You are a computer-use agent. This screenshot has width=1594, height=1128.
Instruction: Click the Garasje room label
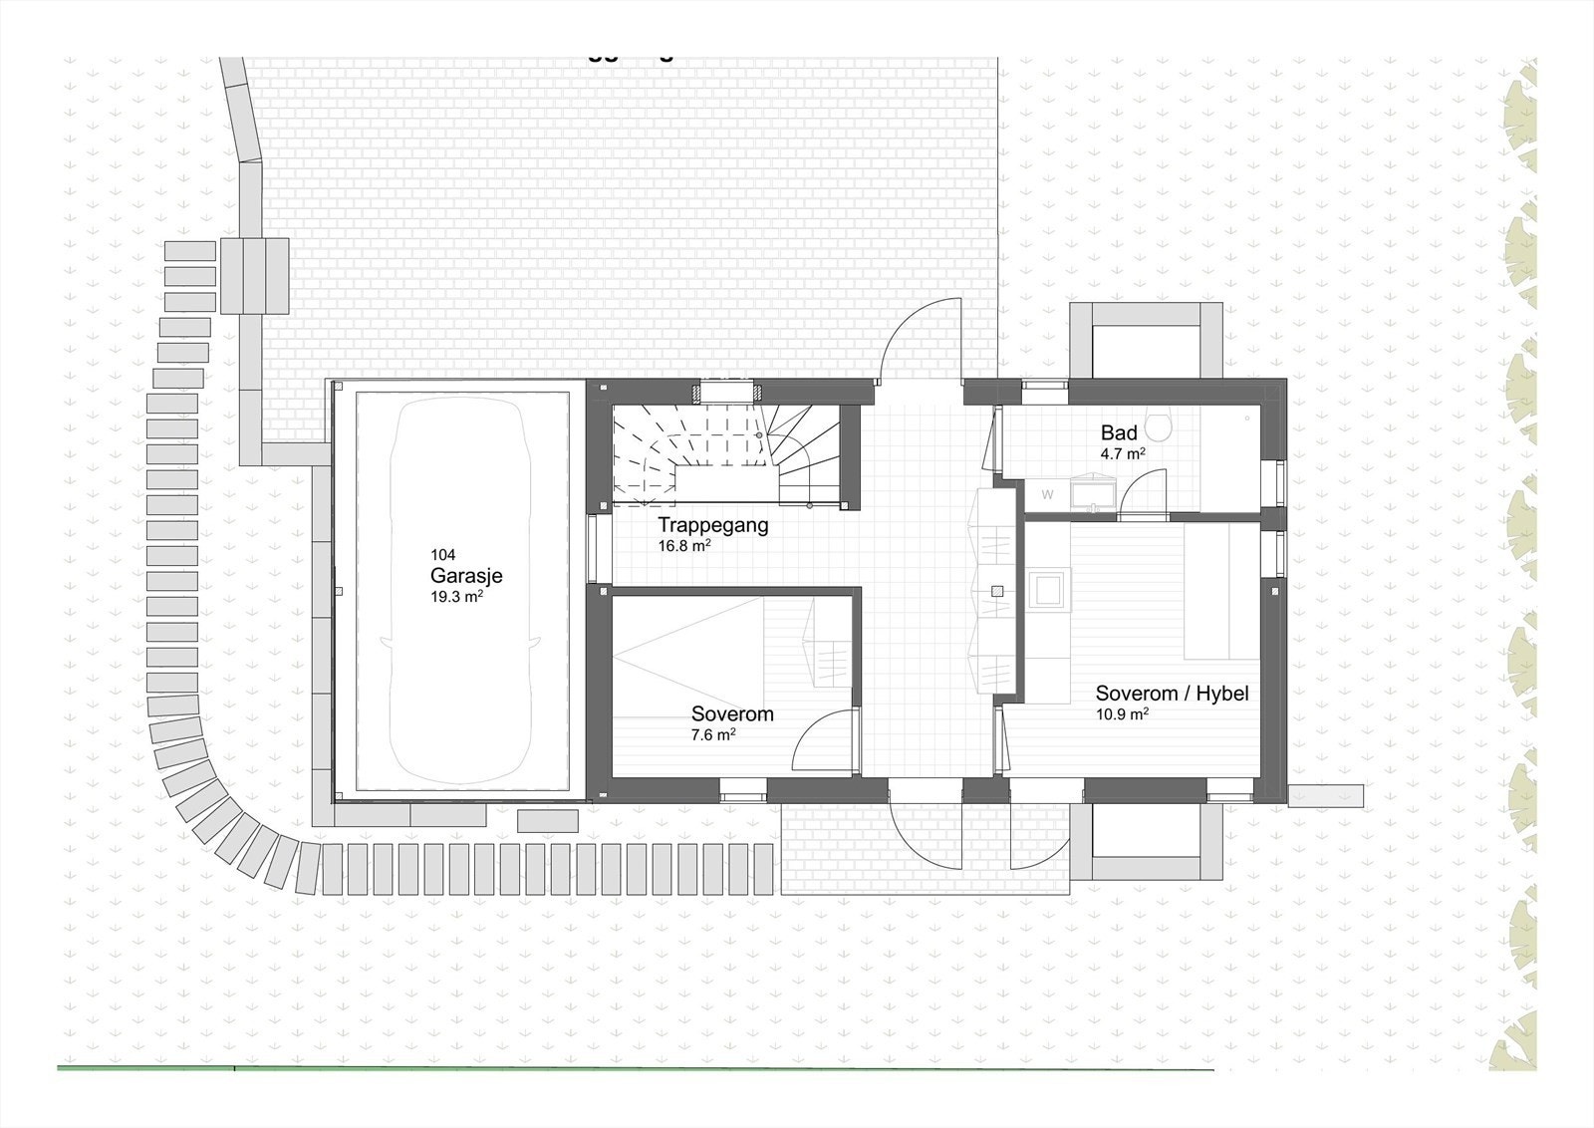[x=466, y=576]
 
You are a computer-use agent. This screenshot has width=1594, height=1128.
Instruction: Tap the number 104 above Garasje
[x=442, y=555]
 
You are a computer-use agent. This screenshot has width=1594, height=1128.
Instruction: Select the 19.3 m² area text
[x=456, y=598]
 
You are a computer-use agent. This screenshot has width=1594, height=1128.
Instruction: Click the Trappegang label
[x=712, y=525]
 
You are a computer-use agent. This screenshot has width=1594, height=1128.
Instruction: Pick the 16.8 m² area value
[x=683, y=546]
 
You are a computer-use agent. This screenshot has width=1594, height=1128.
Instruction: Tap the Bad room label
[x=1119, y=432]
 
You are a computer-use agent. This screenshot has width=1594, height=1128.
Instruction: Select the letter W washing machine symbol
[x=1047, y=494]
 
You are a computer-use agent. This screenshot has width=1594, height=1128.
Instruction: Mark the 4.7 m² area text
[x=1122, y=453]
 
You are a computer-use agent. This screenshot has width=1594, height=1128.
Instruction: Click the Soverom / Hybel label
[x=1172, y=694]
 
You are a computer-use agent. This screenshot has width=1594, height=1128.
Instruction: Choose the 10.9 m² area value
[x=1122, y=714]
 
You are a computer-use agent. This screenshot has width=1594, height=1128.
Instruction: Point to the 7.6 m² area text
[x=713, y=735]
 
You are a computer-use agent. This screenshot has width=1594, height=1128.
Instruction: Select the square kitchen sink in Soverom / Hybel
[x=1048, y=589]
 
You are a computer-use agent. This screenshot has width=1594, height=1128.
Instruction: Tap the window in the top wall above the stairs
[x=729, y=392]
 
